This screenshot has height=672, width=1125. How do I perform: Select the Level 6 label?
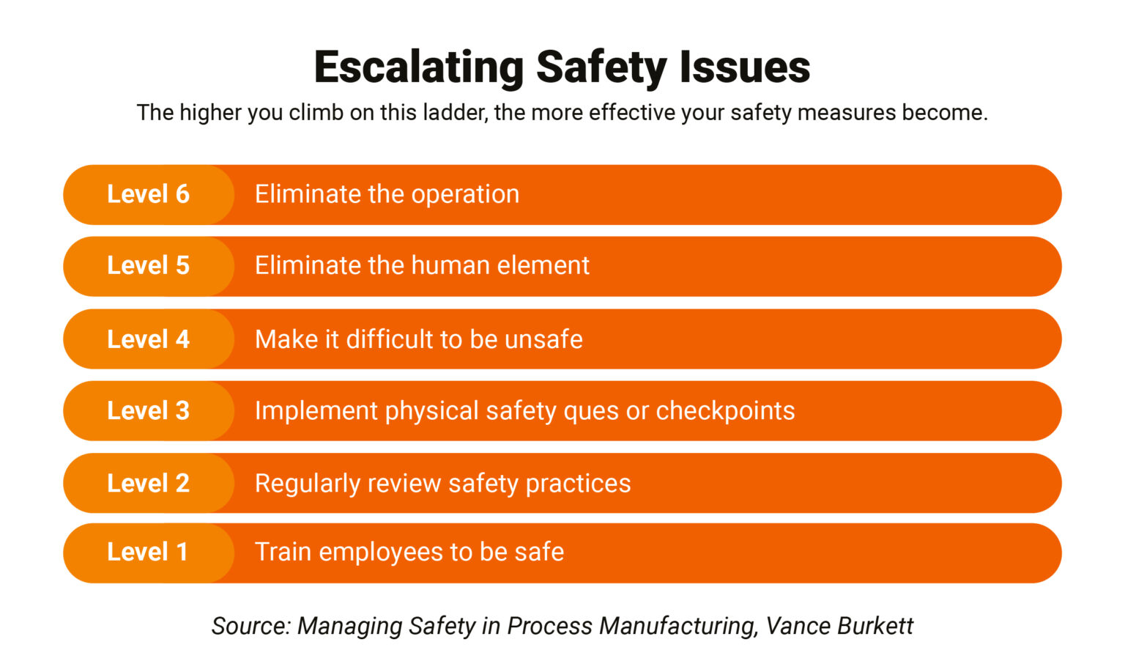(148, 194)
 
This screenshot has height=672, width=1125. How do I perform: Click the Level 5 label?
(148, 265)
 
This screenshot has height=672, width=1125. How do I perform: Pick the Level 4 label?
(148, 339)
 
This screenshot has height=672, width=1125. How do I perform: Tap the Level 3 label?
(148, 410)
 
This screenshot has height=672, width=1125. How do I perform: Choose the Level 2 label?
(148, 484)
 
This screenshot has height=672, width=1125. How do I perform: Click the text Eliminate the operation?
(387, 194)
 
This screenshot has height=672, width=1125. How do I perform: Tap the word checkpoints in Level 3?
(725, 411)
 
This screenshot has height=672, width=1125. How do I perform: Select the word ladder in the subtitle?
(453, 113)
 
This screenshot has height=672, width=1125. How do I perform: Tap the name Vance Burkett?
(839, 626)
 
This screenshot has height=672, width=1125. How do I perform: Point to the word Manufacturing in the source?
(677, 626)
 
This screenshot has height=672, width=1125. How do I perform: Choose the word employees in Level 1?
(380, 553)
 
